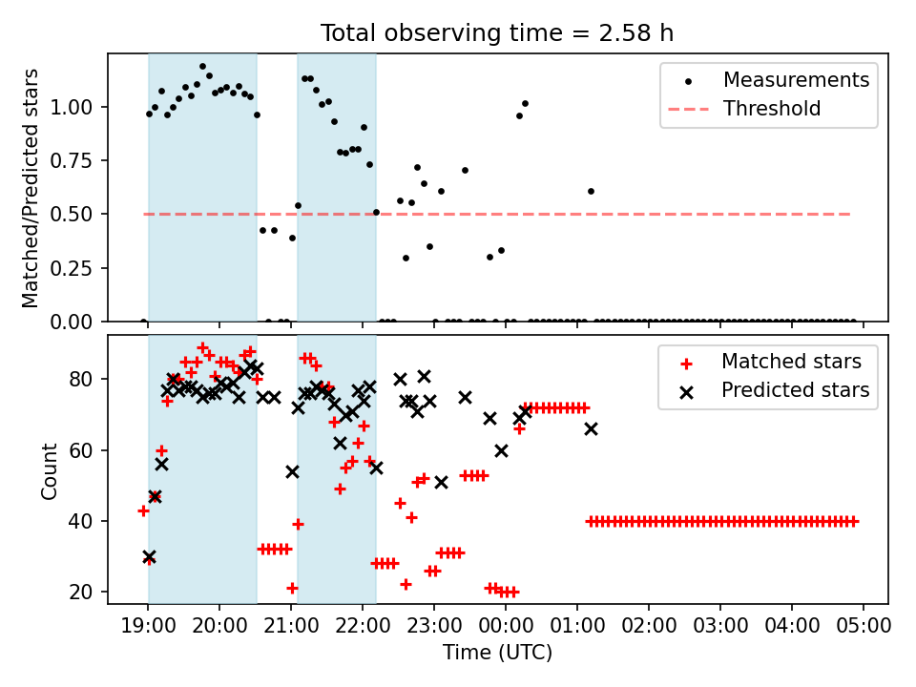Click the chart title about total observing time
(497, 32)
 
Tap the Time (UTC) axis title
(497, 653)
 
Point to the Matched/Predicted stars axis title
(31, 188)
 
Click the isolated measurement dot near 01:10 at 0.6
(591, 191)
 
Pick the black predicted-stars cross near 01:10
(591, 428)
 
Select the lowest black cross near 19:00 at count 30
(149, 556)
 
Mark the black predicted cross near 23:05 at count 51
(441, 482)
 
